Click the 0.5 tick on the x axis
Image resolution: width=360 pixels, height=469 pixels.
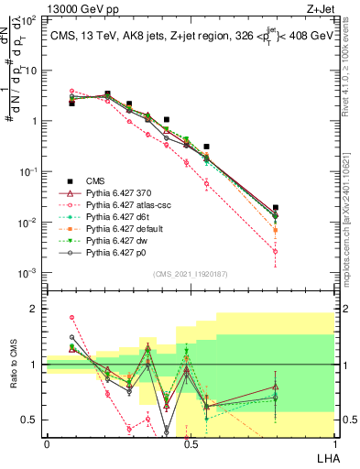(190, 443)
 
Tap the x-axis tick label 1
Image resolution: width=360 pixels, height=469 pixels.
(333, 443)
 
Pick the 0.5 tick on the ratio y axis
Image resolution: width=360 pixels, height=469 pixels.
(31, 420)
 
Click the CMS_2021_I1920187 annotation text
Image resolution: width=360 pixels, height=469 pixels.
(190, 274)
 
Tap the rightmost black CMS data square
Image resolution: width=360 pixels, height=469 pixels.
(276, 208)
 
